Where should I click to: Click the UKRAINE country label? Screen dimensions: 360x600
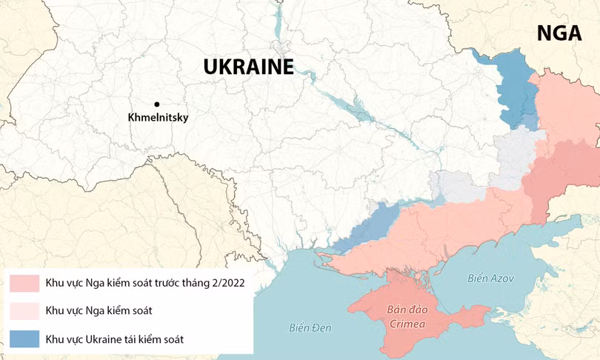[249, 67]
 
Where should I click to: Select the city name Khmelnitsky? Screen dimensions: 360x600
[158, 118]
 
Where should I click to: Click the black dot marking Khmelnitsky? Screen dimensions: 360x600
[157, 104]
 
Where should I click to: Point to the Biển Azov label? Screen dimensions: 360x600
[490, 279]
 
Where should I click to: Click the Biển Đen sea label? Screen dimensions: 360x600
[310, 327]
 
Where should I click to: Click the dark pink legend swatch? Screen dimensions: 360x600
[24, 282]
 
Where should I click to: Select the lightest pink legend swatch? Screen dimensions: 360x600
[24, 310]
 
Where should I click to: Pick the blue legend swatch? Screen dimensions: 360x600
[24, 338]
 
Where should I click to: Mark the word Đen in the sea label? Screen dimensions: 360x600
[321, 327]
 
